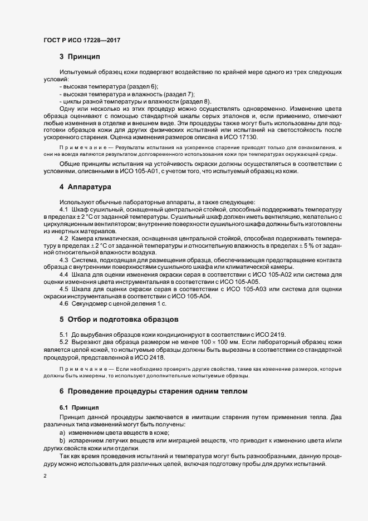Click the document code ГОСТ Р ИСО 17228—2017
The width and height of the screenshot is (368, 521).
82,41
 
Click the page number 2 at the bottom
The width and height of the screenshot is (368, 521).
45,477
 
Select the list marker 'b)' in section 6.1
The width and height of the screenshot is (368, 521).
62,440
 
